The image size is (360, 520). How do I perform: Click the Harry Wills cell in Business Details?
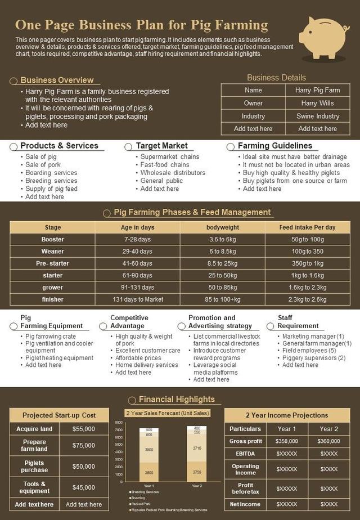pos(317,103)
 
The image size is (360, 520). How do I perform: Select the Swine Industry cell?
pos(317,116)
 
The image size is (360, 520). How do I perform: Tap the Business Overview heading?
pos(57,80)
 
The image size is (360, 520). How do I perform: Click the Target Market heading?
pos(162,146)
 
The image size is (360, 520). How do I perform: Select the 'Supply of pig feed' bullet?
pos(51,189)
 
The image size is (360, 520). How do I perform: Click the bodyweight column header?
pos(222,227)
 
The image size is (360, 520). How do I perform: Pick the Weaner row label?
pos(53,251)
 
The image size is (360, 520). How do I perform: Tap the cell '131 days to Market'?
pos(138,299)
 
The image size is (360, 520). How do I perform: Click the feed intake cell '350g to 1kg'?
pos(307,263)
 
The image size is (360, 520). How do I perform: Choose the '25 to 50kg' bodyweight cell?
pos(222,275)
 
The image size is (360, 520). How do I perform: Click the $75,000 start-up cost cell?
pos(84,445)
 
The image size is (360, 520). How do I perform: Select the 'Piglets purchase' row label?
pos(35,467)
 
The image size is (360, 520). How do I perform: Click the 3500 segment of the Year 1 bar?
pos(149,450)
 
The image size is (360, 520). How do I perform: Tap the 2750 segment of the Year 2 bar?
pos(197,472)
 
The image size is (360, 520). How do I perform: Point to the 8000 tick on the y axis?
pos(119,422)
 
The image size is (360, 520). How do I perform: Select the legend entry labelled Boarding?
pos(137,497)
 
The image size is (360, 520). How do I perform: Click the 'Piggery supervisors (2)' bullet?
pos(314,358)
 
